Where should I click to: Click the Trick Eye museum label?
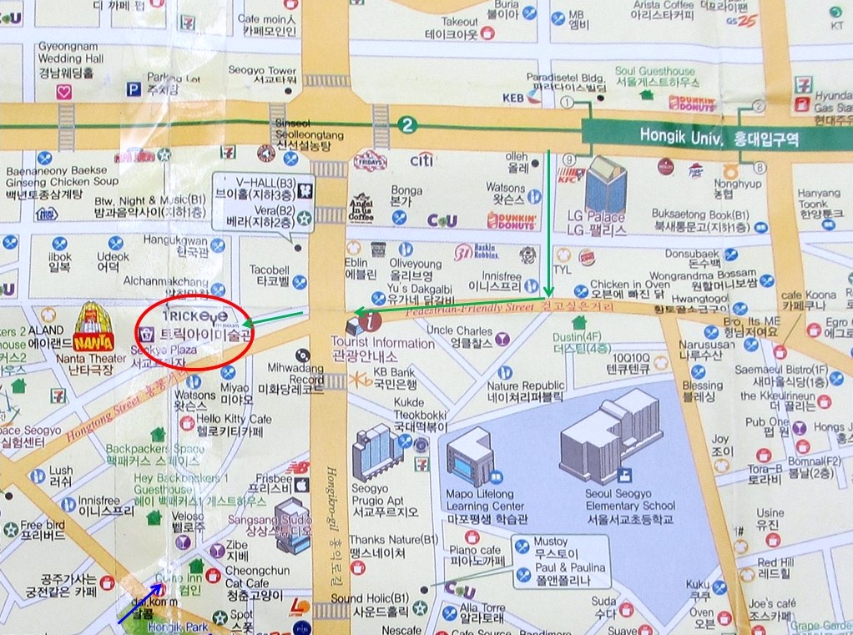[x=194, y=326]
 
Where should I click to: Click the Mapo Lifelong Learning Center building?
[x=472, y=456]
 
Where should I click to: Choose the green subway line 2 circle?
[x=406, y=125]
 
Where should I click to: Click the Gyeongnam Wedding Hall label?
[x=70, y=60]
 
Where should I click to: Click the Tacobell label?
[x=269, y=275]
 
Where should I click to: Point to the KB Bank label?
[x=394, y=378]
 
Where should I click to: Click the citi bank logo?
[x=421, y=159]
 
